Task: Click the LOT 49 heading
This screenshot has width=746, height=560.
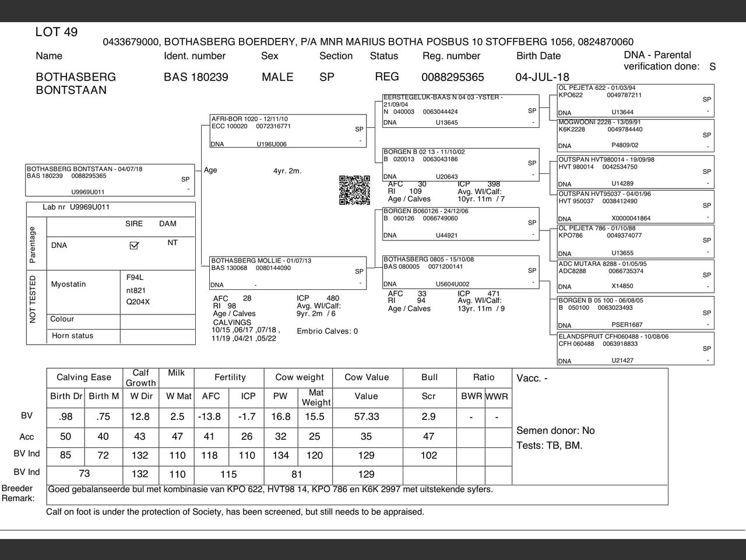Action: pos(57,32)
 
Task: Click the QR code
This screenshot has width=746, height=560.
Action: pos(354,190)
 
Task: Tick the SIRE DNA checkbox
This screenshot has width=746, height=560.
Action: pos(134,246)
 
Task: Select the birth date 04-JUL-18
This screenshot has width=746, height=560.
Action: pos(542,77)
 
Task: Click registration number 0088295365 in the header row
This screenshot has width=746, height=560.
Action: pos(452,77)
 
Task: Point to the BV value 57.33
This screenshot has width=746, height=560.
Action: pos(366,416)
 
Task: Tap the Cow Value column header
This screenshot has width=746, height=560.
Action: pos(366,377)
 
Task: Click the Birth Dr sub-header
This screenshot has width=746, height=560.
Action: pos(66,396)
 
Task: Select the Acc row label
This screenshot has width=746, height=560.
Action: pos(27,437)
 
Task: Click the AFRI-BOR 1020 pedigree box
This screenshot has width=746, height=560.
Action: pos(288,131)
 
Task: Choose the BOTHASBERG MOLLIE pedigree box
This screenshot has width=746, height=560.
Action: pos(288,272)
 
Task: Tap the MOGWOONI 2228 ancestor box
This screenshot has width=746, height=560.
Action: pos(635,135)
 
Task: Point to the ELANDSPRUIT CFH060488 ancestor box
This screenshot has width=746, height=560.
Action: pos(635,348)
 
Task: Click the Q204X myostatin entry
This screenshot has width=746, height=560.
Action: pos(138,302)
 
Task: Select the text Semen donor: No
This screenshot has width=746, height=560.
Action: pos(555,430)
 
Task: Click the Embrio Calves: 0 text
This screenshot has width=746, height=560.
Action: pos(327,331)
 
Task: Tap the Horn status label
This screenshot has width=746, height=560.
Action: pos(72,336)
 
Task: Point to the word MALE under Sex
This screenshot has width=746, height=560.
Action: pos(277,77)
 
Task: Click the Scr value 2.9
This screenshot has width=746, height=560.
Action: pos(428,416)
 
